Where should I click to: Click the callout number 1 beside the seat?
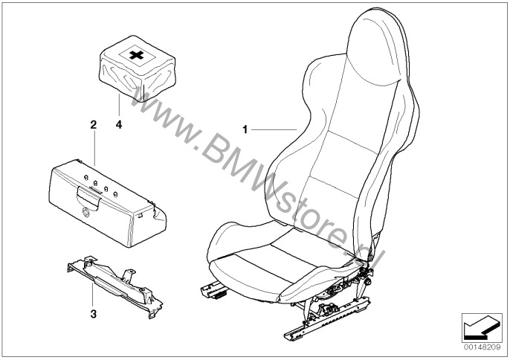click(244, 129)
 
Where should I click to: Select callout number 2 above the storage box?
click(93, 126)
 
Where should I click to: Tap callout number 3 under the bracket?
click(93, 314)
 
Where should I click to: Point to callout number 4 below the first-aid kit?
click(118, 126)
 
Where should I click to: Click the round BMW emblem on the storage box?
click(85, 214)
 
